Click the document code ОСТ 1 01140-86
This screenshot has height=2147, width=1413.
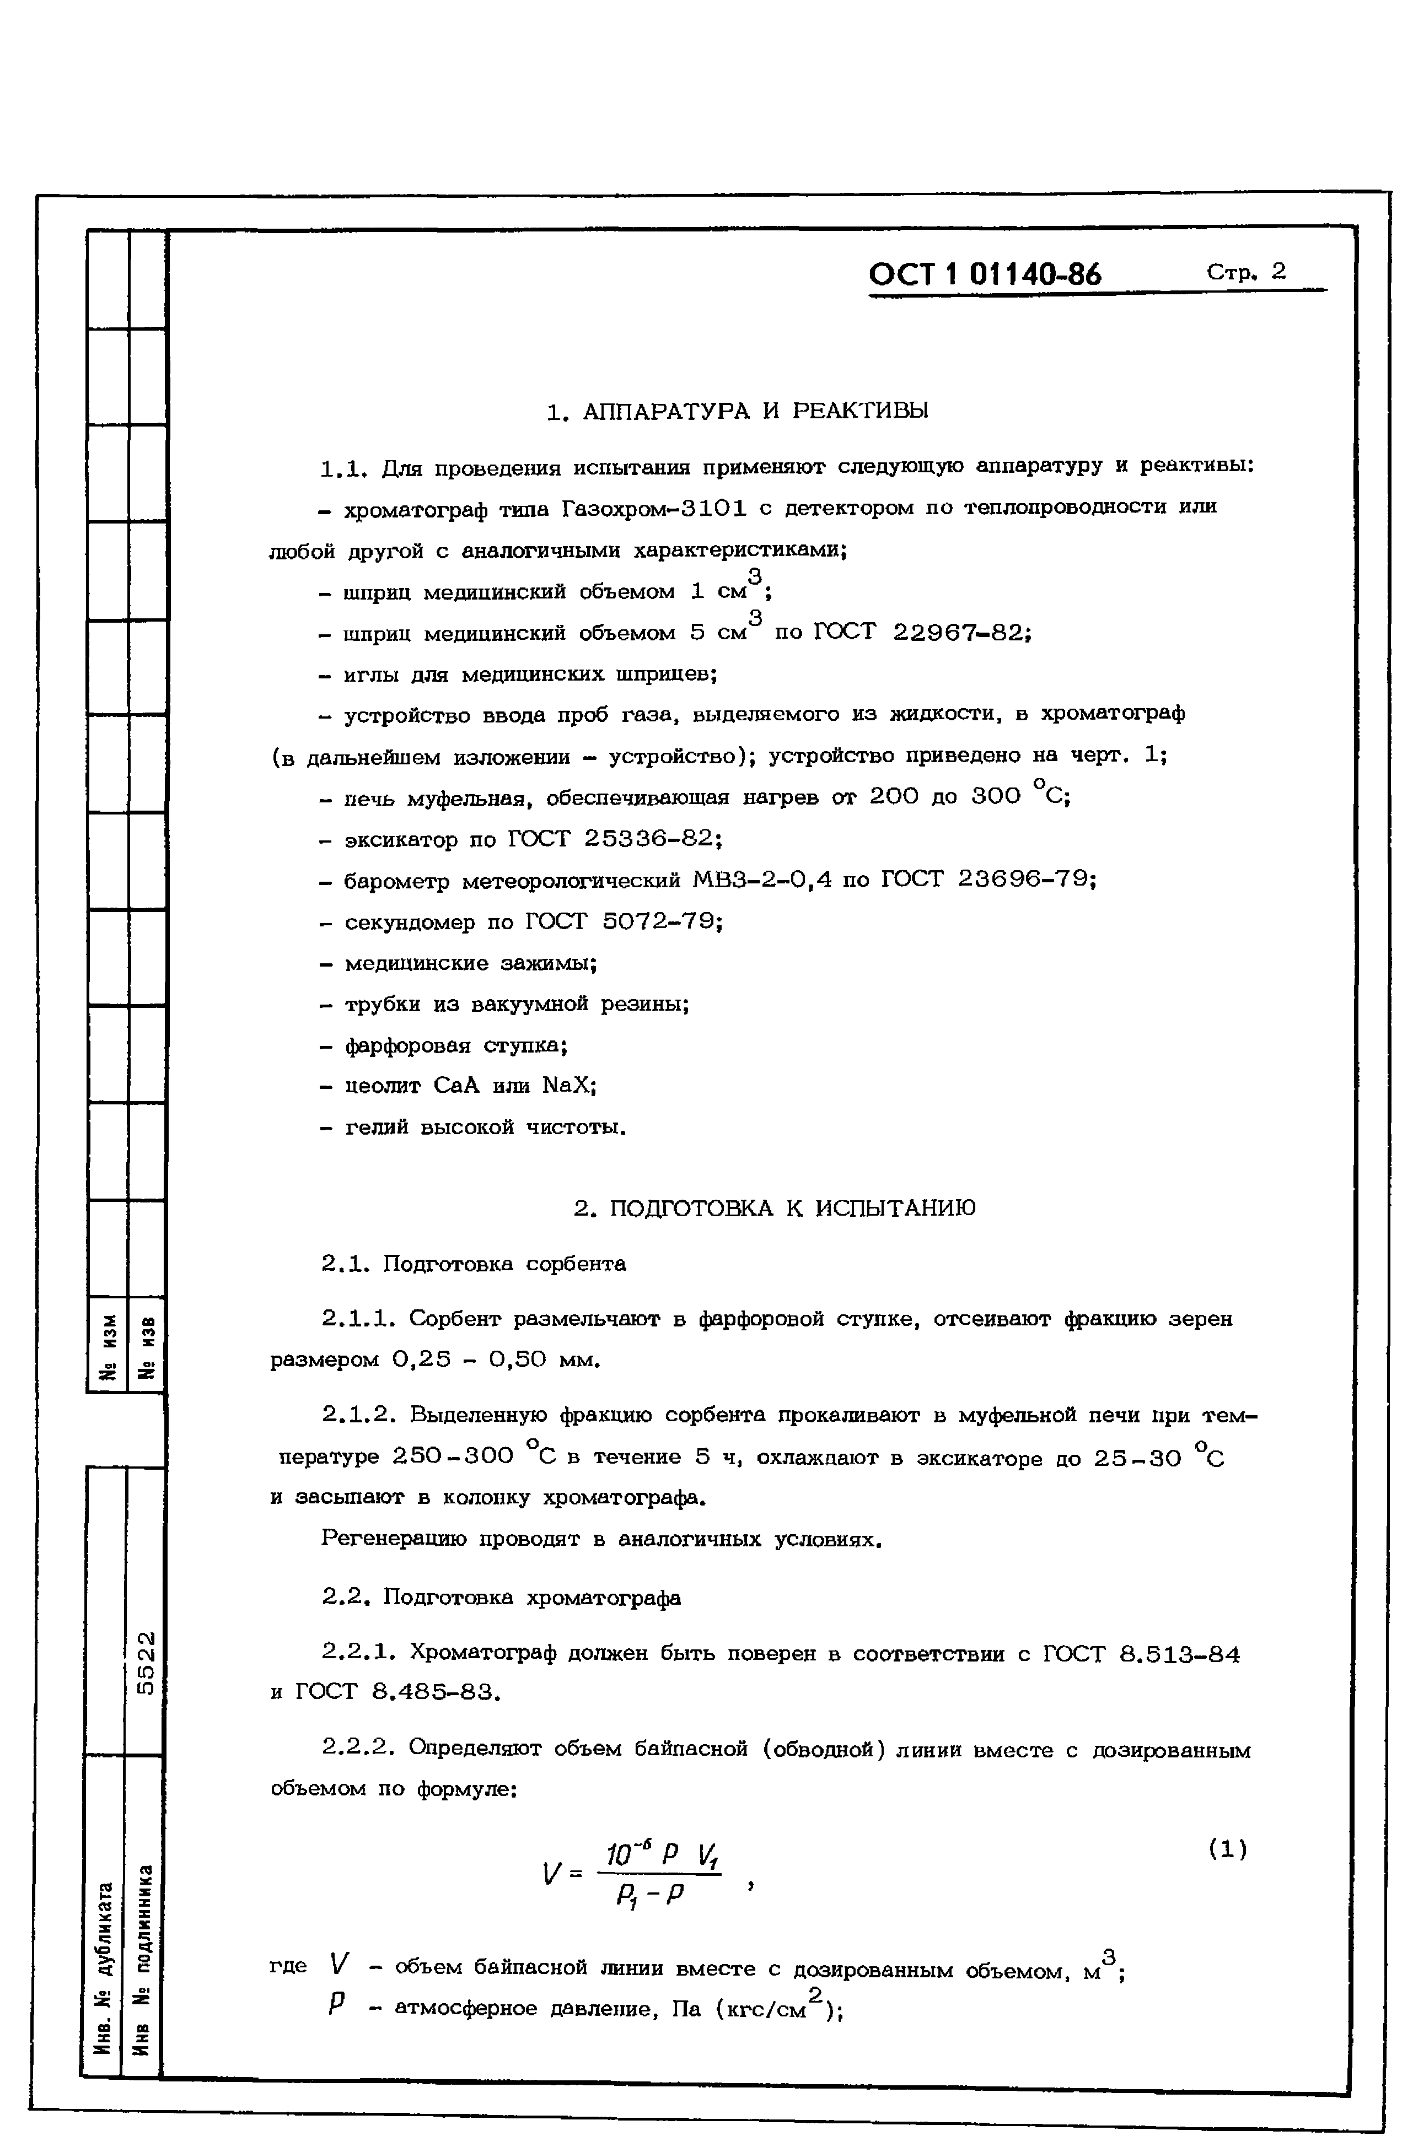click(x=985, y=273)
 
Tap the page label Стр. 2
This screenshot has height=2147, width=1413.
click(x=1245, y=272)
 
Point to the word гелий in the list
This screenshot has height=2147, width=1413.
click(x=377, y=1128)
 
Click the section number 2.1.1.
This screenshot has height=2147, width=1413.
click(x=358, y=1319)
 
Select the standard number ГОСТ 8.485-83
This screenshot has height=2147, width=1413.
click(x=396, y=1692)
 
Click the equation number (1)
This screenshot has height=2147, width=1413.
click(x=1227, y=1849)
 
